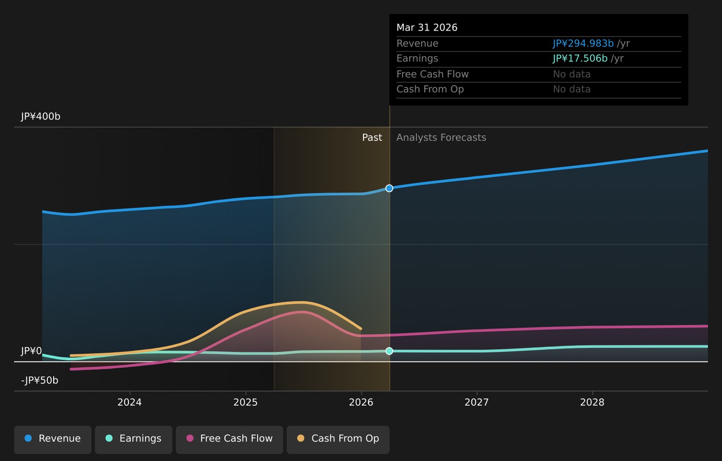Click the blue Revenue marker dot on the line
click(x=390, y=188)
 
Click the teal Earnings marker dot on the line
click(x=390, y=351)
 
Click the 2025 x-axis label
click(x=246, y=402)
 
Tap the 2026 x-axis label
click(x=361, y=402)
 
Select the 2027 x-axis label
click(x=477, y=402)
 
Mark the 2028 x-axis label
click(x=593, y=402)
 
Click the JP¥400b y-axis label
click(x=41, y=116)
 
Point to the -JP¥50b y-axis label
click(x=40, y=380)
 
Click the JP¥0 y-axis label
click(x=31, y=351)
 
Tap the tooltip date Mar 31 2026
click(x=427, y=28)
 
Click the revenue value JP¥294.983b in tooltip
click(x=583, y=43)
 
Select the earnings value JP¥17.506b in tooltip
click(x=580, y=58)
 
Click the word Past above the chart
click(x=372, y=137)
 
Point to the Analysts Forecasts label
click(x=441, y=137)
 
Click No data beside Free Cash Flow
click(x=572, y=74)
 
